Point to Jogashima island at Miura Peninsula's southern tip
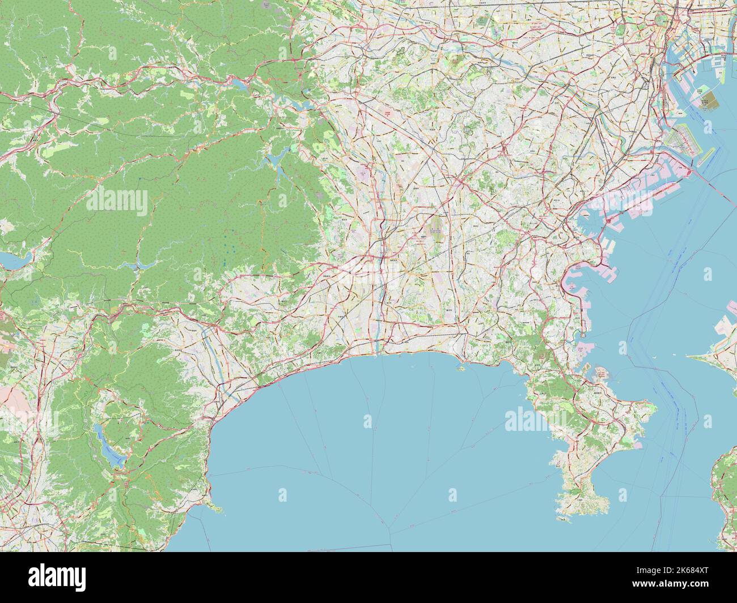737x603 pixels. [x=565, y=516]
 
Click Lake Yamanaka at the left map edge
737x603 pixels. [x=10, y=260]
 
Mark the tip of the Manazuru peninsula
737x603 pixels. [x=218, y=510]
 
